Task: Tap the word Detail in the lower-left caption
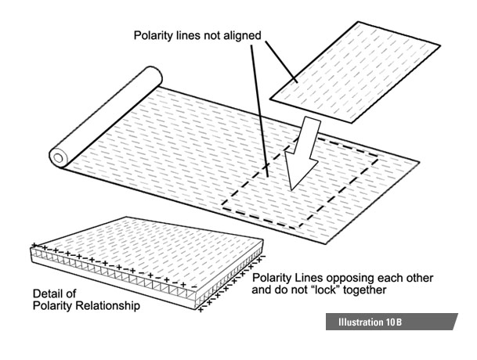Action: [x=47, y=293]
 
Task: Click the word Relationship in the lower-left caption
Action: [x=109, y=306]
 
